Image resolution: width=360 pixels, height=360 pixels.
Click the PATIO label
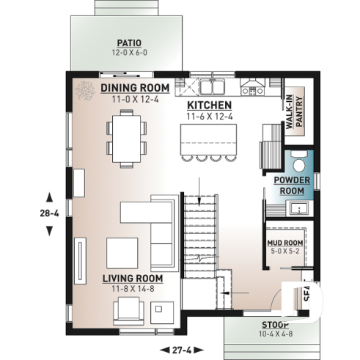coord(128,43)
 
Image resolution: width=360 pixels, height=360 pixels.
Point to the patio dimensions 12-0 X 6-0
coord(128,53)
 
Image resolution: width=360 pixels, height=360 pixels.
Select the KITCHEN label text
coord(209,106)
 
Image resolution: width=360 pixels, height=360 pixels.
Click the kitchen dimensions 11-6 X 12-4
coord(209,116)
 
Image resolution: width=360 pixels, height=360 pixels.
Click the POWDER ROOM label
coord(293,185)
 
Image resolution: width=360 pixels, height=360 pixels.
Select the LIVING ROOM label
coord(132,279)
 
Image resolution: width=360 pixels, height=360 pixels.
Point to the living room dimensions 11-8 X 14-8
coord(132,288)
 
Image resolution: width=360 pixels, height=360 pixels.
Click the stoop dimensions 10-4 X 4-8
coord(274,334)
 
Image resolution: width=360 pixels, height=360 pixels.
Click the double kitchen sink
coord(213,87)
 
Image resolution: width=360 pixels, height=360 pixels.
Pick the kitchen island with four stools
coord(210,139)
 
